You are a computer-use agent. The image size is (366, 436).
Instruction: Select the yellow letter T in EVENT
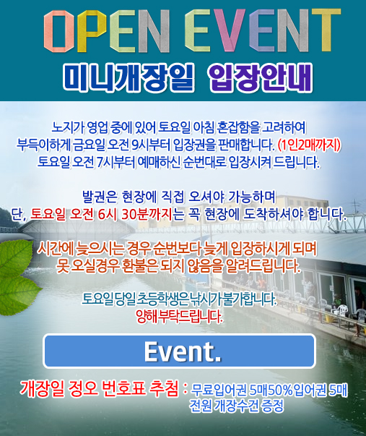click(326, 30)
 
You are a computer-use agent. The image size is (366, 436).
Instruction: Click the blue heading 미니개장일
click(128, 77)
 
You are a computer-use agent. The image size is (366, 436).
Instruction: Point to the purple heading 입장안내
click(261, 77)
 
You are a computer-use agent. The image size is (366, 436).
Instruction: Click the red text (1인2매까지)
click(310, 145)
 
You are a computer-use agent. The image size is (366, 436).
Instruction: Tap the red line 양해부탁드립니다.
click(179, 317)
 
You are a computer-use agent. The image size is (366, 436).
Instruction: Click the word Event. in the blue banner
click(183, 351)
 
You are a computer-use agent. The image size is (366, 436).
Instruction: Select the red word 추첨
click(164, 388)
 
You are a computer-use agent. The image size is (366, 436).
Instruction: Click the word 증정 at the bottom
click(273, 406)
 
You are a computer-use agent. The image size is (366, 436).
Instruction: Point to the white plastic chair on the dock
click(343, 311)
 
